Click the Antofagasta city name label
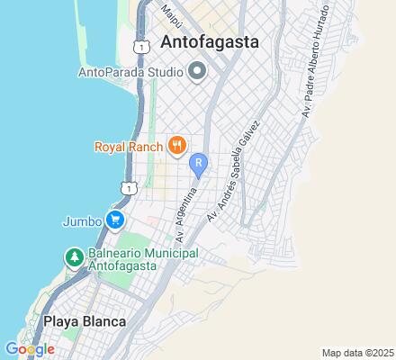point(210,41)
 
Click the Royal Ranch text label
point(129,145)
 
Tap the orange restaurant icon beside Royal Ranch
point(177,144)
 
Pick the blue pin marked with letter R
point(200,165)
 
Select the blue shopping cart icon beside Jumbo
point(114,220)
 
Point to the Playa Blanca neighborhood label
point(84,320)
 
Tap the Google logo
point(30,348)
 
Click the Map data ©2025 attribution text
point(357,353)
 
